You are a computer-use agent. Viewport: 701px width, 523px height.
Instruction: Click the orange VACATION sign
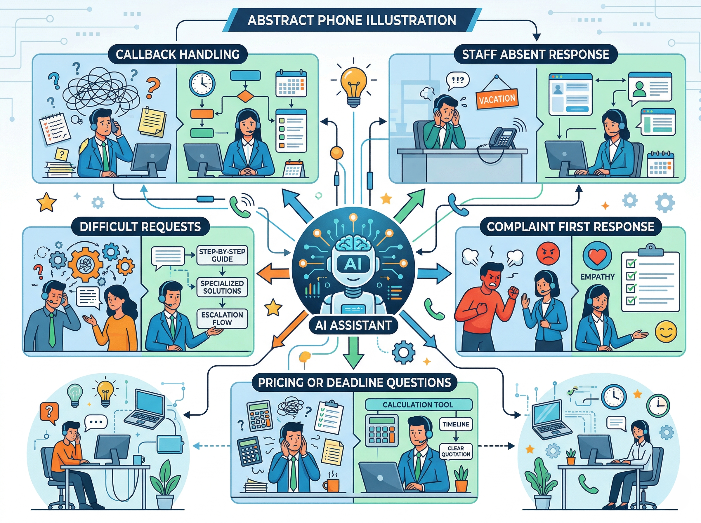coord(497,100)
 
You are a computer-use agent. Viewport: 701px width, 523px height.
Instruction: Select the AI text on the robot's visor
coord(353,264)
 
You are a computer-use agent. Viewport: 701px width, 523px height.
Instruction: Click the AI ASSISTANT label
coord(353,325)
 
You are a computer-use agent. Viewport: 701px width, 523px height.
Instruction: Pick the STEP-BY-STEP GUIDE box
coord(222,255)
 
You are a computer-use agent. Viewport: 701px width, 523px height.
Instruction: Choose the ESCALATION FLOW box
coord(222,318)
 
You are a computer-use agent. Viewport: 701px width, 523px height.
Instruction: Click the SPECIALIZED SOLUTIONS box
coord(222,287)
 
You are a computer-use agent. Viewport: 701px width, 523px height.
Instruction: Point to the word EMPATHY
coord(597,276)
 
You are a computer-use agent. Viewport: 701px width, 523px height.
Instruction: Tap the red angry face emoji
coord(548,253)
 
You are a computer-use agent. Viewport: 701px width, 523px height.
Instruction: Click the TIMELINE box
coord(456,424)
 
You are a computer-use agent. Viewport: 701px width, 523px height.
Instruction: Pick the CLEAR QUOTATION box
coord(456,451)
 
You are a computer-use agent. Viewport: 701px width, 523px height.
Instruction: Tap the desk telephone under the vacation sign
coord(503,137)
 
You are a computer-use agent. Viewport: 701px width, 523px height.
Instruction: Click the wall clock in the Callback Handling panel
coord(202,83)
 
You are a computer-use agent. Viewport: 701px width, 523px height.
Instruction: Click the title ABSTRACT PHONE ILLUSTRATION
coord(352,20)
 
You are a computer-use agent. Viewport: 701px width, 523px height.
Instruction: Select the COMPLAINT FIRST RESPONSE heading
coord(570,226)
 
